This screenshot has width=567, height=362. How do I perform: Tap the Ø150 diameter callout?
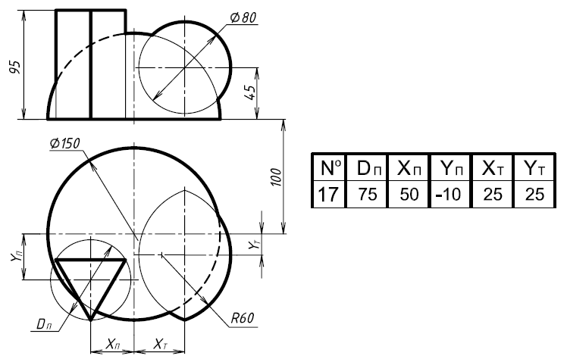(x=67, y=143)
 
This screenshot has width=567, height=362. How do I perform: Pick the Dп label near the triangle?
(x=45, y=323)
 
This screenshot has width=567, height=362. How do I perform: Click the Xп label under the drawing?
(x=112, y=345)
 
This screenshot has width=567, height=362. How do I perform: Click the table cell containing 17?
(x=327, y=194)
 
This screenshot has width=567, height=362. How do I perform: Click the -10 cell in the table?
(x=449, y=194)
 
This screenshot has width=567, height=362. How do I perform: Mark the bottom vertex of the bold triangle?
(x=90, y=320)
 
